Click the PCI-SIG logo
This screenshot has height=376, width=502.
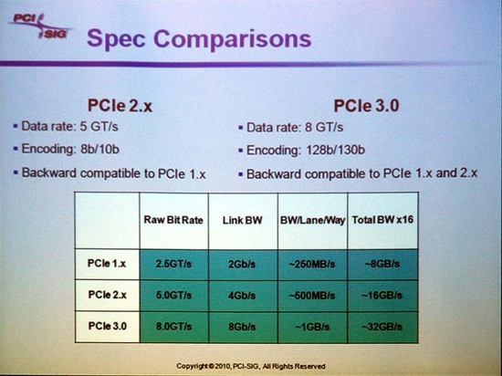(40, 26)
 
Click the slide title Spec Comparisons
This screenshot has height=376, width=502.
(199, 39)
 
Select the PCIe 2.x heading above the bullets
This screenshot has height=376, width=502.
(120, 106)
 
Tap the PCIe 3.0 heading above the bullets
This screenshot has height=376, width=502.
(366, 106)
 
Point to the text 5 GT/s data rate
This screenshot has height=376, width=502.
(99, 127)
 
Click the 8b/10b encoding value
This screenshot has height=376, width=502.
(99, 149)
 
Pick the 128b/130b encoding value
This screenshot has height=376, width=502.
(335, 150)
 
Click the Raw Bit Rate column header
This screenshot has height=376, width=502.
(173, 220)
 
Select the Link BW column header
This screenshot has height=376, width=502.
(243, 220)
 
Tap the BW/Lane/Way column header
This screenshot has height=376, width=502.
(312, 220)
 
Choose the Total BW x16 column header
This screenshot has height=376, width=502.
(382, 220)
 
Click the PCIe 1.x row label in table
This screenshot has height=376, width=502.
(107, 264)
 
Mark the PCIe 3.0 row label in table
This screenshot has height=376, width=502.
(108, 326)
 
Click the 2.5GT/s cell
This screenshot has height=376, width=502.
(173, 264)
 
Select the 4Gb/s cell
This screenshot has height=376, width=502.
(242, 296)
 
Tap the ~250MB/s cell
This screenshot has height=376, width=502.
(312, 265)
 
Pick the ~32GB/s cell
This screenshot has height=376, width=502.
(382, 327)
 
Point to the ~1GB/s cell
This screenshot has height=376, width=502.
(312, 327)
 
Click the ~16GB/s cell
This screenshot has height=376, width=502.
(382, 296)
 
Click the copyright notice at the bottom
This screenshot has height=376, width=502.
(251, 366)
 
